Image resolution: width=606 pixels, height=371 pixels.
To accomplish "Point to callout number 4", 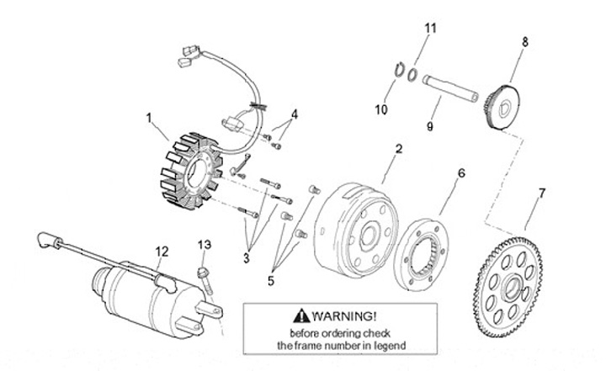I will click(295, 114).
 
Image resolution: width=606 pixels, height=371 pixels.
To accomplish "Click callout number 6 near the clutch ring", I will click(460, 174).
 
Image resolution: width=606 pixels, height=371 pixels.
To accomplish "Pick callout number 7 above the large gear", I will click(542, 193).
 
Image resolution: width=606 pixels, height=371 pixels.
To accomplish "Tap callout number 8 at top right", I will click(525, 40).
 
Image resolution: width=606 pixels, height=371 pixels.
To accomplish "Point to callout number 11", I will click(430, 29).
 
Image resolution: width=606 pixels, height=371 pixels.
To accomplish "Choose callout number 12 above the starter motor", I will click(162, 250).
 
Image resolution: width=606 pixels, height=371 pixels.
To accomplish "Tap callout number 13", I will click(204, 244).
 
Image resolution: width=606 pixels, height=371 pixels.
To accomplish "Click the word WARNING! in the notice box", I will click(344, 316).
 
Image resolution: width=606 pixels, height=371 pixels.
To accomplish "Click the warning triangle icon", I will click(301, 316).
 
